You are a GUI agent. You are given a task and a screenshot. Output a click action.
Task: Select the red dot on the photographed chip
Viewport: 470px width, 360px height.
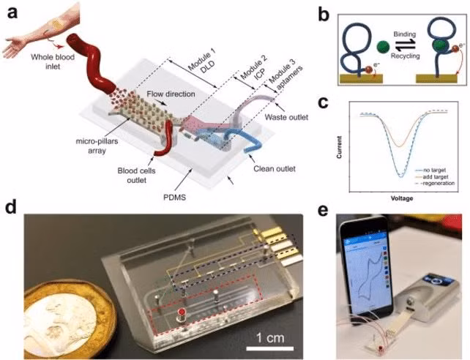[179, 315]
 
